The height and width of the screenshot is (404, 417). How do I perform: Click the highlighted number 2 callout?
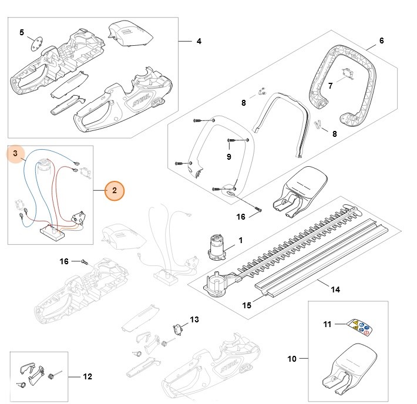point(115,190)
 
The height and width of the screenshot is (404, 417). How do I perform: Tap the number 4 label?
point(199,41)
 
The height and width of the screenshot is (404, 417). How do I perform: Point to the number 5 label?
point(22,32)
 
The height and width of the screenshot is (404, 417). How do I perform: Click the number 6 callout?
point(381,41)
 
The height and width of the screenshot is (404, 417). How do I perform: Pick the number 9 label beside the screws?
point(228,157)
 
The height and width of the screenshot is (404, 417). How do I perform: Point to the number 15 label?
point(247,305)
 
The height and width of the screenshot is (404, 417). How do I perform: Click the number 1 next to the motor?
point(240,241)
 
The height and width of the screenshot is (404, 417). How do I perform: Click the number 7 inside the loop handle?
point(330,86)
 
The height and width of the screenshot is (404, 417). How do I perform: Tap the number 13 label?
point(194,319)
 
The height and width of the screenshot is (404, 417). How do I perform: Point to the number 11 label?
point(328,324)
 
